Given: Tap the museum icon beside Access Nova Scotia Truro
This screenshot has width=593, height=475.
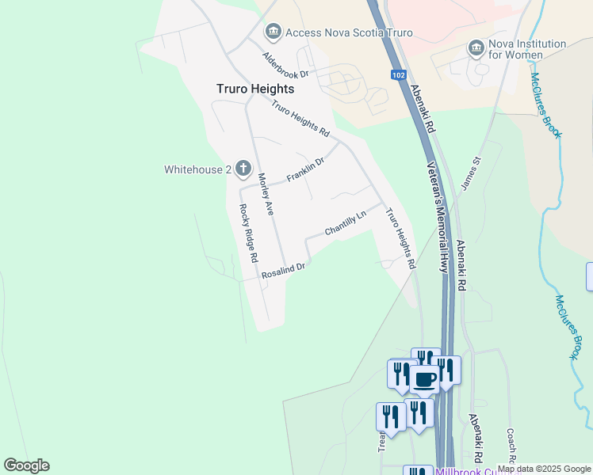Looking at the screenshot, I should pyautogui.click(x=273, y=32).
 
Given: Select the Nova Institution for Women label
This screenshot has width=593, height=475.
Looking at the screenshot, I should pyautogui.click(x=528, y=49).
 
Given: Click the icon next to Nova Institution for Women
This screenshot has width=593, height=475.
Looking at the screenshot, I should pyautogui.click(x=476, y=49).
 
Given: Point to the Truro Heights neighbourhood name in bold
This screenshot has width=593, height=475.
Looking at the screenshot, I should pyautogui.click(x=255, y=89).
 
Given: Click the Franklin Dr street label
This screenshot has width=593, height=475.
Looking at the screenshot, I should pyautogui.click(x=305, y=169).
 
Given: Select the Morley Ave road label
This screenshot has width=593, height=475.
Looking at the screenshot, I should pyautogui.click(x=266, y=194).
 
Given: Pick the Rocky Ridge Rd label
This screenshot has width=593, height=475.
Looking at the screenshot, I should pyautogui.click(x=249, y=233).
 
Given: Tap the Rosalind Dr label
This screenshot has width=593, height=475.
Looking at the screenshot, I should pyautogui.click(x=283, y=271).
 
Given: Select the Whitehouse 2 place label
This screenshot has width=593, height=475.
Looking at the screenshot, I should pyautogui.click(x=197, y=169).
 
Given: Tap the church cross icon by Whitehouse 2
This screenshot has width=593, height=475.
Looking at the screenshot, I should pyautogui.click(x=243, y=169).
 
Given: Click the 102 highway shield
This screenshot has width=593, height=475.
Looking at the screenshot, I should pyautogui.click(x=398, y=75).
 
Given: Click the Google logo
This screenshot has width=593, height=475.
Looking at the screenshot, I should pyautogui.click(x=26, y=465).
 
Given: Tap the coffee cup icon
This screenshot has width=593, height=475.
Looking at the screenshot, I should pyautogui.click(x=423, y=379).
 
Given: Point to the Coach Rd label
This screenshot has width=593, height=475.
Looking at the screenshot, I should pyautogui.click(x=511, y=447).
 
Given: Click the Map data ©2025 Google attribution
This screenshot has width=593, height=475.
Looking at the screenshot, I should pyautogui.click(x=545, y=469).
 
